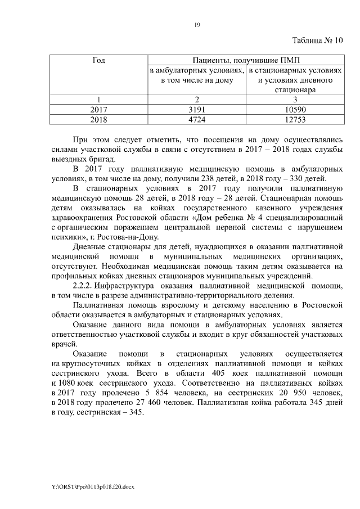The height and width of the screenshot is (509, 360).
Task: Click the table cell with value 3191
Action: pos(196,110)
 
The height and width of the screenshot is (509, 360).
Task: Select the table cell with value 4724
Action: pos(196,120)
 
